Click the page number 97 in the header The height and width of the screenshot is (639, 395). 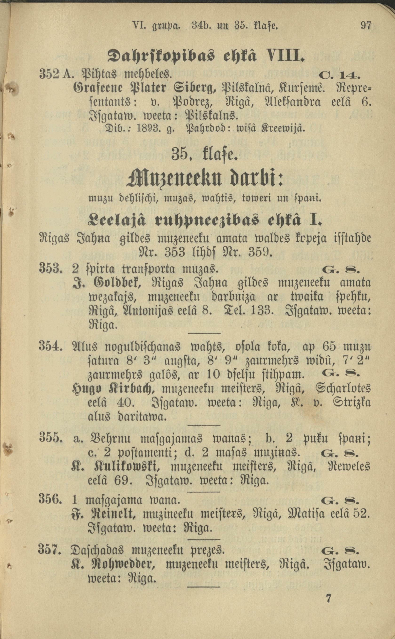366,26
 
